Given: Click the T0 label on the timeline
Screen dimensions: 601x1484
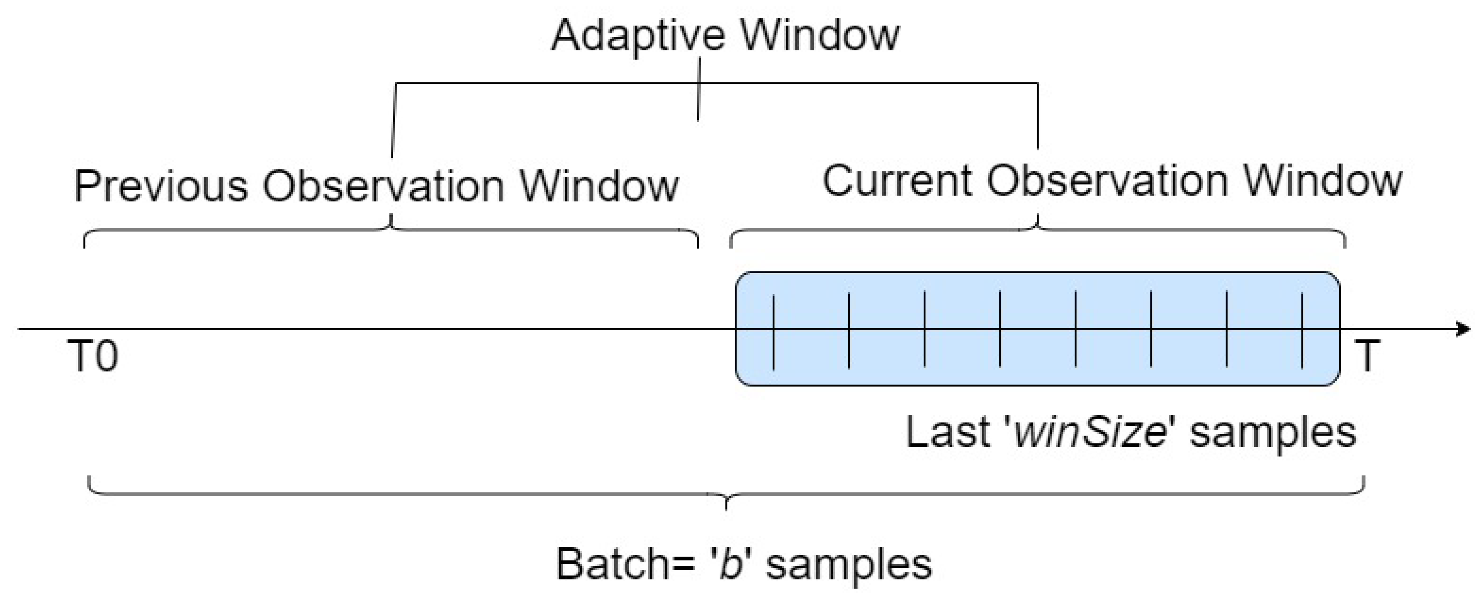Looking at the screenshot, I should [x=93, y=356].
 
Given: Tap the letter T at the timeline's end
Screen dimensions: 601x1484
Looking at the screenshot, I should [x=1366, y=356].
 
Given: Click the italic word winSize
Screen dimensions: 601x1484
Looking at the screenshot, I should [x=1089, y=432].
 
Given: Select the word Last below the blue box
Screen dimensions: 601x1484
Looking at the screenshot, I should [x=947, y=432].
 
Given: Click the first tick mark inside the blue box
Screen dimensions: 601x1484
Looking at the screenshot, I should [x=773, y=332].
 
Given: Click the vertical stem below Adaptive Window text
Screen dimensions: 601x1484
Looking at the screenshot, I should [x=699, y=89].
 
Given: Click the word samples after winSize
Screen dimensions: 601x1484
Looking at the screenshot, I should [x=1273, y=432].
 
